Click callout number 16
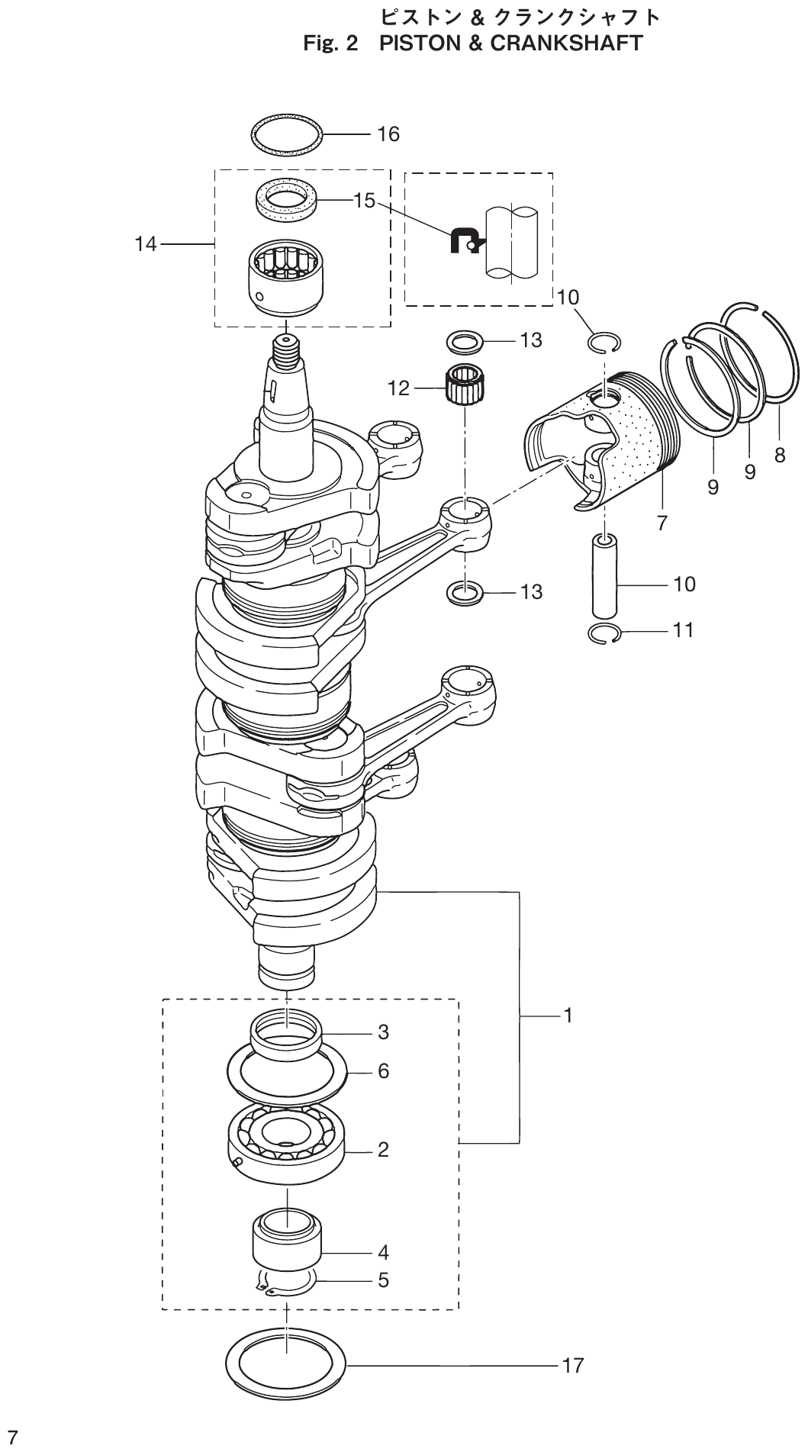[388, 134]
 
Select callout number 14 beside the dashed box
[145, 244]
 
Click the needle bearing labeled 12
[466, 387]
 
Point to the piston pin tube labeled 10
[606, 576]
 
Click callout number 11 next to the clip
[684, 629]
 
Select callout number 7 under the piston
[662, 523]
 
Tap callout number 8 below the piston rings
[779, 456]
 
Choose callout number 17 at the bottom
[572, 1366]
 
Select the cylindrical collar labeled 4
[286, 1242]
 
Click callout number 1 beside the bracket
[568, 1016]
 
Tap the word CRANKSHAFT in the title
[566, 43]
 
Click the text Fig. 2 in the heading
[330, 43]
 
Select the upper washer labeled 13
[464, 340]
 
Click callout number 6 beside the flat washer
[383, 1071]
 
